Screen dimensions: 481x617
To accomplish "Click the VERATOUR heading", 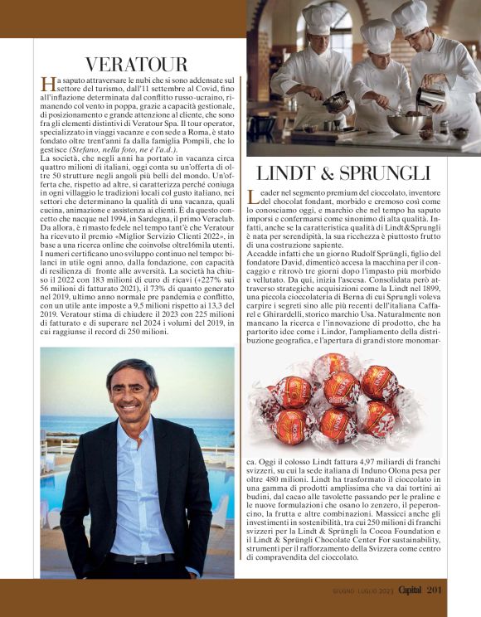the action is pyautogui.click(x=136, y=64).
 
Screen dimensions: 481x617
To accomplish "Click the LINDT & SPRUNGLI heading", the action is pyautogui.click(x=343, y=172).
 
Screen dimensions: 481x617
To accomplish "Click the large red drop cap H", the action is pyautogui.click(x=48, y=84).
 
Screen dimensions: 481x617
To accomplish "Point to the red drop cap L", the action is pyautogui.click(x=254, y=197).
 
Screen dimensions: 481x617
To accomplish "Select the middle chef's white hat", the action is pyautogui.click(x=378, y=36).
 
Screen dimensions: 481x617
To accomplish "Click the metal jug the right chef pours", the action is pyautogui.click(x=431, y=97).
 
